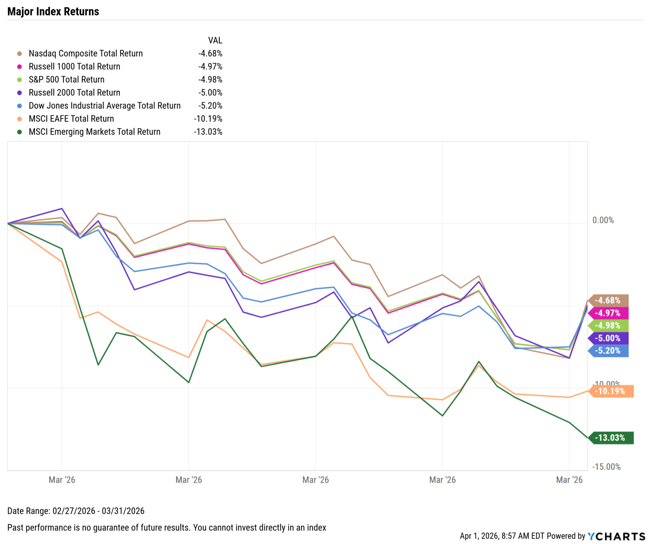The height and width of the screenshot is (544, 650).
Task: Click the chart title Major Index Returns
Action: point(53,11)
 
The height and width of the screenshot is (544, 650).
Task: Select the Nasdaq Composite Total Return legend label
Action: point(86,53)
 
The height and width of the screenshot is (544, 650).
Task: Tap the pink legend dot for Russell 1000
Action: point(19,67)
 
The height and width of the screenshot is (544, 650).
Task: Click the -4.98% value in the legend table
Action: point(210,80)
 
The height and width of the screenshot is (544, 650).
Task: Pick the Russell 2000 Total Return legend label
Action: point(74,93)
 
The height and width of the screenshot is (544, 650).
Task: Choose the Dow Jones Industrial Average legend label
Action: point(105,106)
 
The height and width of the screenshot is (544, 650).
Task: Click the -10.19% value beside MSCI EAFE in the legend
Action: point(208,119)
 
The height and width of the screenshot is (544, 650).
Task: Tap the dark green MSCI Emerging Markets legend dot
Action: point(19,132)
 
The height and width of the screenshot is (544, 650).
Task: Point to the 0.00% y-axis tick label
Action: point(603,220)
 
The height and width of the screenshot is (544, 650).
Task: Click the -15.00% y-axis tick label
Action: point(606,467)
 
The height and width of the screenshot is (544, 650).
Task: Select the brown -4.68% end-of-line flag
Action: point(608,301)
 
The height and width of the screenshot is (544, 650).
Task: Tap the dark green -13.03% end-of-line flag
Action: point(611,438)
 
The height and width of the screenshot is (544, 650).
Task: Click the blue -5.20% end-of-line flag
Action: point(608,351)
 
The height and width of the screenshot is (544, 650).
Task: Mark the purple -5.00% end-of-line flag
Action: point(608,338)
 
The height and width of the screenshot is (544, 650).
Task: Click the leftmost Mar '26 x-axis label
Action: point(62,480)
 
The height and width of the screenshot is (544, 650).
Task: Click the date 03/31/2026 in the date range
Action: point(123,511)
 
